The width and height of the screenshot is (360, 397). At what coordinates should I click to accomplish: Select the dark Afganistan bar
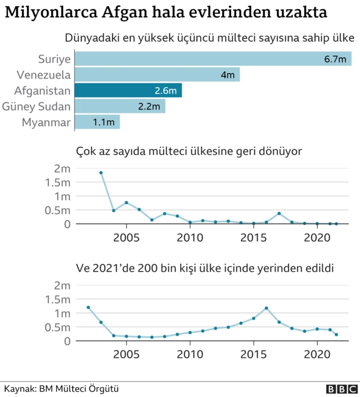click(128, 91)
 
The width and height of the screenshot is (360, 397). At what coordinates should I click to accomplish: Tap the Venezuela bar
click(157, 75)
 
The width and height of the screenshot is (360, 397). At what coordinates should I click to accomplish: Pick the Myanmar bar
click(97, 122)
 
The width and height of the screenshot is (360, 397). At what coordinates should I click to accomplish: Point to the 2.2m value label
click(149, 106)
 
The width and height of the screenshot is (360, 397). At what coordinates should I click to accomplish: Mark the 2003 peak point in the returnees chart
click(101, 173)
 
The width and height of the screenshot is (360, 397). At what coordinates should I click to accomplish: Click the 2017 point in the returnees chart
click(279, 214)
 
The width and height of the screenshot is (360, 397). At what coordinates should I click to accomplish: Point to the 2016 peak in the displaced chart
click(267, 308)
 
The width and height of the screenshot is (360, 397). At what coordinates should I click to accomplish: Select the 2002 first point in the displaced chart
click(88, 308)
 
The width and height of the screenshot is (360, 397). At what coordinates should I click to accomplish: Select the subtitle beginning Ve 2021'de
click(205, 268)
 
